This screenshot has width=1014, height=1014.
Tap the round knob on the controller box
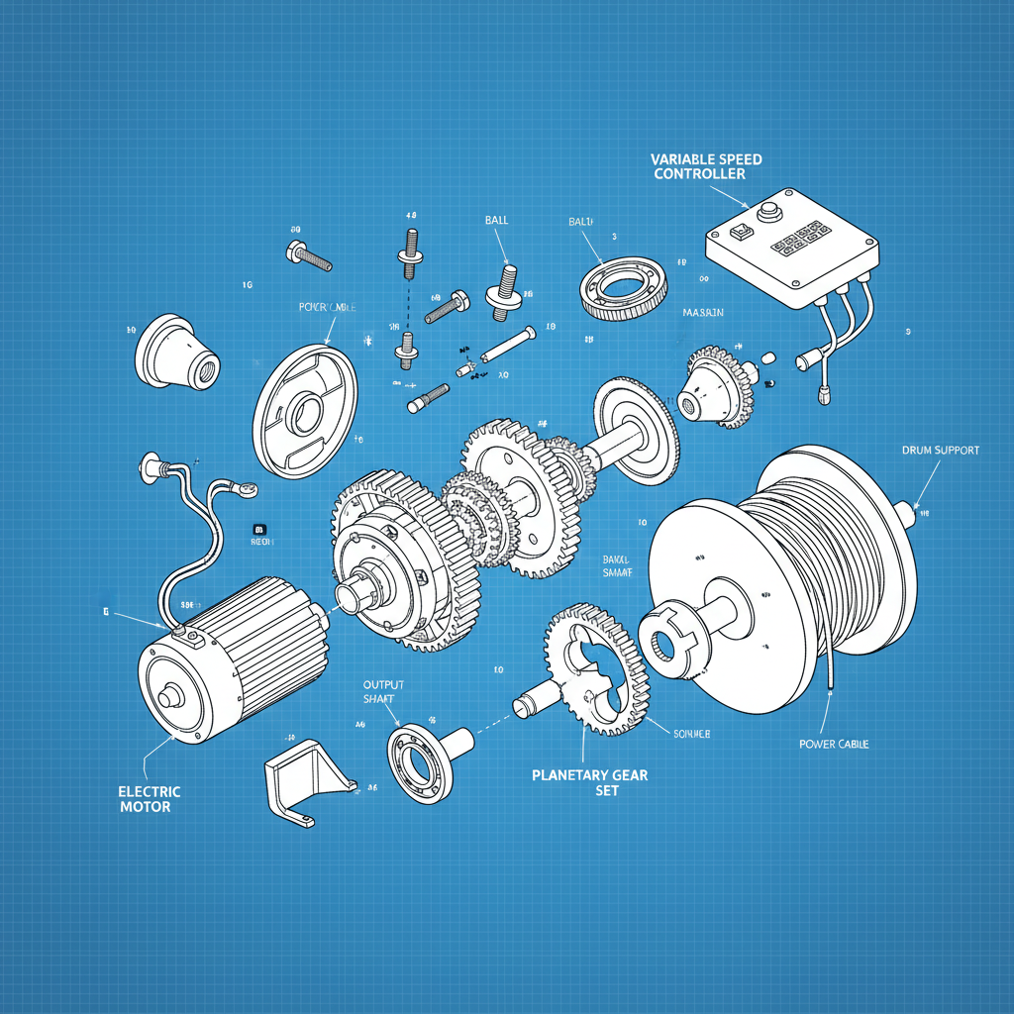(x=767, y=211)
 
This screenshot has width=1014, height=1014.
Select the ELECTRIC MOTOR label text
(x=150, y=798)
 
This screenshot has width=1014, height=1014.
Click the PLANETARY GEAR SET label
(x=589, y=782)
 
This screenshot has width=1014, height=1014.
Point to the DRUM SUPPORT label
(x=940, y=451)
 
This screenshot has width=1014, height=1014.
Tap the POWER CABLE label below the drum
(x=833, y=744)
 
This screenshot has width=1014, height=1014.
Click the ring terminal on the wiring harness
(x=246, y=487)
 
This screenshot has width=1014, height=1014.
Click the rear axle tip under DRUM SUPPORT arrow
(x=907, y=512)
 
